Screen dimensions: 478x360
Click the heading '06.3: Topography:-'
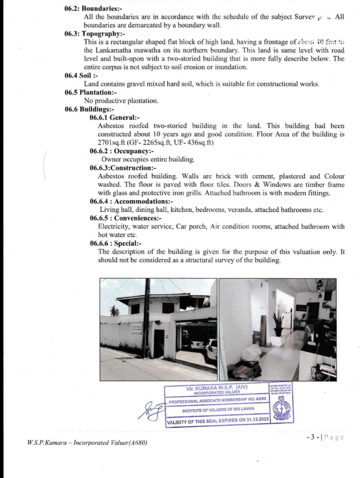coord(94,34)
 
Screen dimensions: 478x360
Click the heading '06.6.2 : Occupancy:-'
coord(122,151)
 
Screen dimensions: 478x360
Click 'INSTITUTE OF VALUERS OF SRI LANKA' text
coord(218,410)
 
